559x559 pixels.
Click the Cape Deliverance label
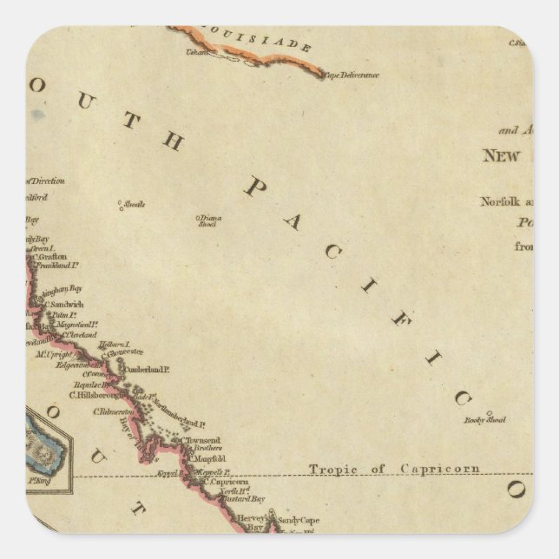coord(351,76)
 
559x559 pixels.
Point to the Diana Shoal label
coord(206,220)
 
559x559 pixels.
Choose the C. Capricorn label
coord(221,483)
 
